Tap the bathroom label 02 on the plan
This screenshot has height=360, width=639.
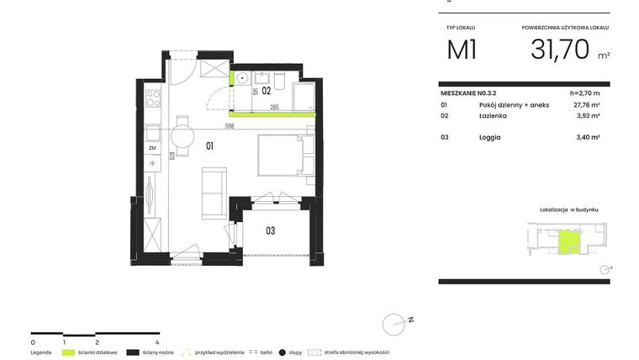pyautogui.click(x=265, y=89)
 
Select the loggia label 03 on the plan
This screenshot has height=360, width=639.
pyautogui.click(x=271, y=230)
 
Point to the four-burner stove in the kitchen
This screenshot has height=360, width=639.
pyautogui.click(x=154, y=98)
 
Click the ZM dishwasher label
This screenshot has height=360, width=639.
pyautogui.click(x=152, y=148)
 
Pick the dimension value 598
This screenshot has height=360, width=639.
pyautogui.click(x=229, y=124)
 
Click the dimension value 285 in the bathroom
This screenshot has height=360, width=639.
pyautogui.click(x=275, y=108)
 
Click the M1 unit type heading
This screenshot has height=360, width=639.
pyautogui.click(x=462, y=50)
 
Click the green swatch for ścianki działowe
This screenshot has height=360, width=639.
pyautogui.click(x=69, y=352)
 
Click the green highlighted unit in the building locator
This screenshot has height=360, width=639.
pyautogui.click(x=568, y=242)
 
